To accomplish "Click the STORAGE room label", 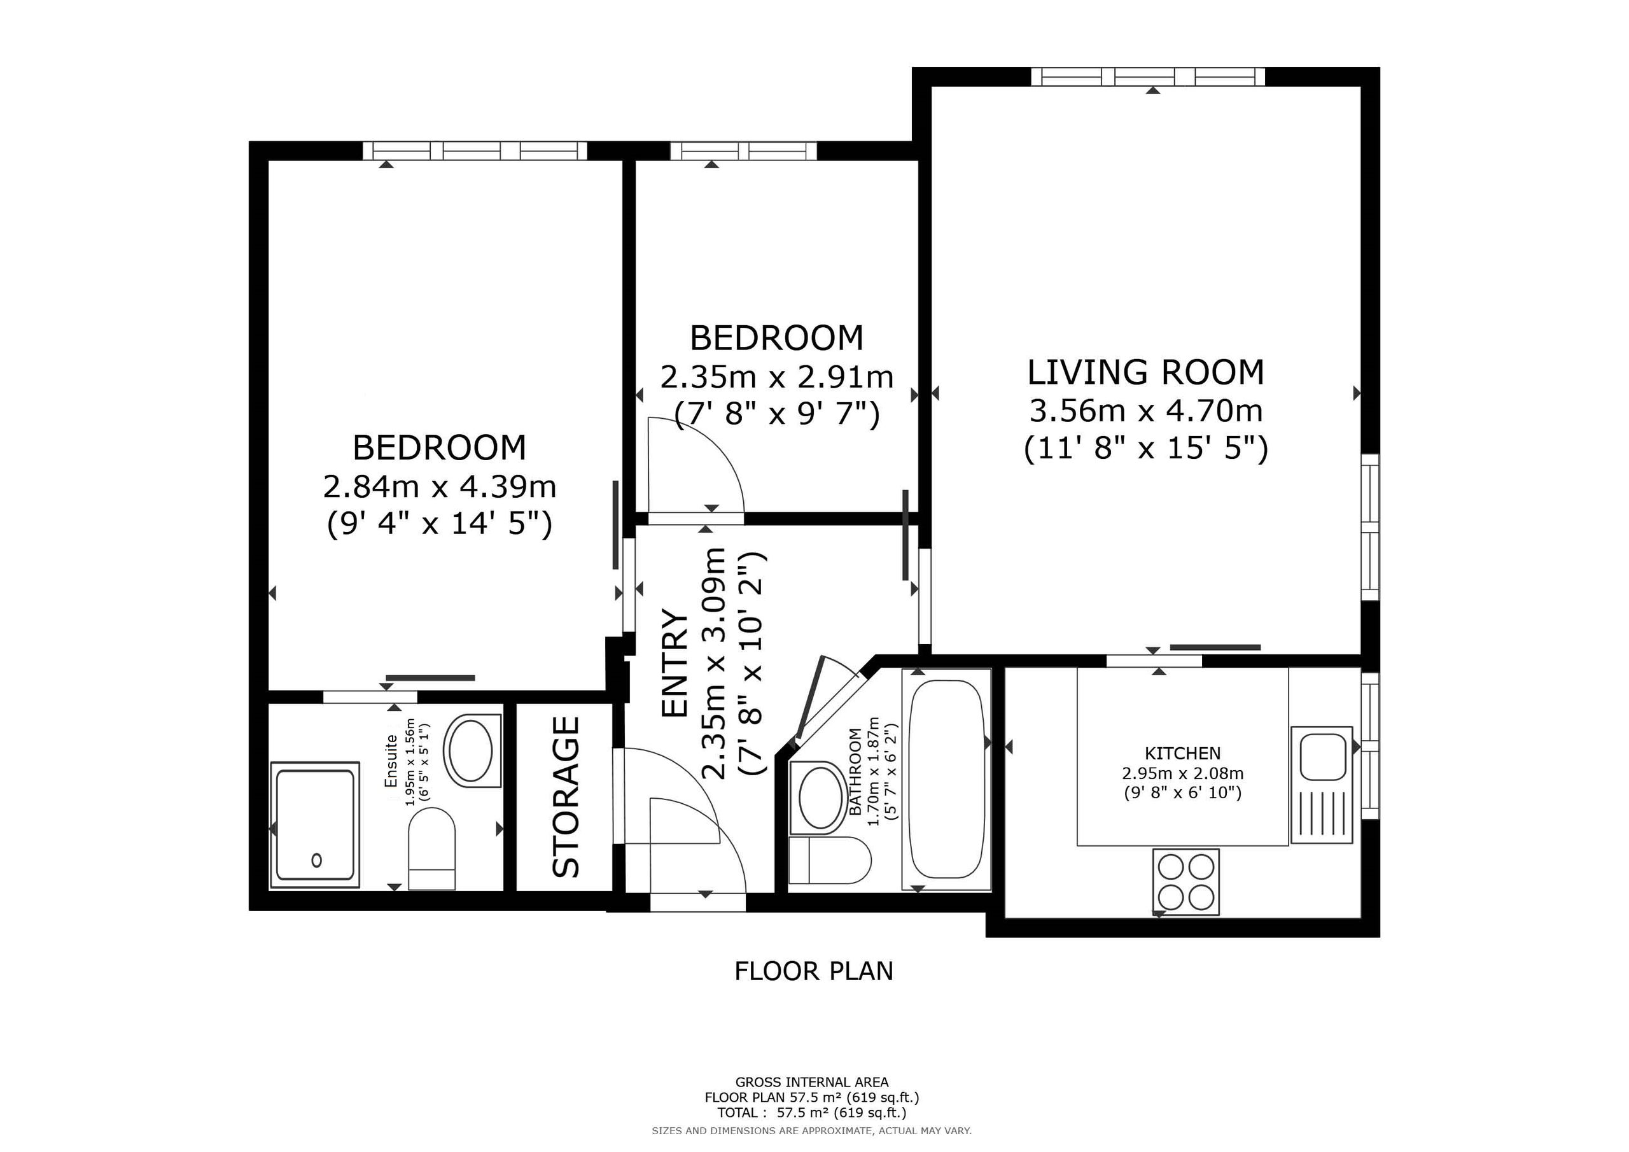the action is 566,796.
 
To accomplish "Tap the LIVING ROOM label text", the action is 1146,372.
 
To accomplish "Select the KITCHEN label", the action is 1183,753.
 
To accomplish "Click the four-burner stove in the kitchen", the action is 1185,882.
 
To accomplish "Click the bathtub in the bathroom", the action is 946,778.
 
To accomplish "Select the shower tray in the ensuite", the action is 315,825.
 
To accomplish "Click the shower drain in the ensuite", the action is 316,860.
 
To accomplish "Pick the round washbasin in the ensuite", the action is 468,750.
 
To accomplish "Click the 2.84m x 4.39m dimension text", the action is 440,487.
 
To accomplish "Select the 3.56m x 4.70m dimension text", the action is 1146,411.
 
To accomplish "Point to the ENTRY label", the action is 675,663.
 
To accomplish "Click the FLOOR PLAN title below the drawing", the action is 814,971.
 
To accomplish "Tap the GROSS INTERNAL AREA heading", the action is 812,1083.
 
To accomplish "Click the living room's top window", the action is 1148,76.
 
